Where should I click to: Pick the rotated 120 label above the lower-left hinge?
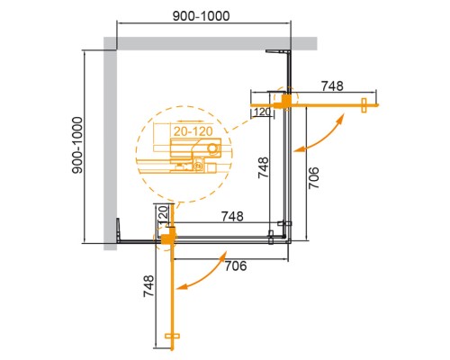click(161, 215)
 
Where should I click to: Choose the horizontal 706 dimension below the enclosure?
click(236, 265)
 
